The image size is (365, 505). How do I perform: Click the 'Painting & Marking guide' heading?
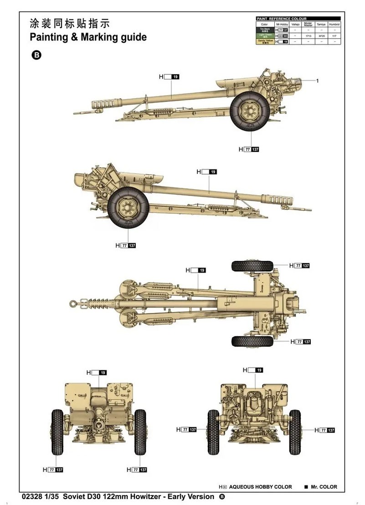pyautogui.click(x=88, y=37)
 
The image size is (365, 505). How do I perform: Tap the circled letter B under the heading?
pyautogui.click(x=36, y=55)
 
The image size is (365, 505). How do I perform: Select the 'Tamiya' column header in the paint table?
pyautogui.click(x=321, y=24)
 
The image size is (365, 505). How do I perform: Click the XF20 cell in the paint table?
pyautogui.click(x=321, y=35)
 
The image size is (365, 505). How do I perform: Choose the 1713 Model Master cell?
pyautogui.click(x=308, y=35)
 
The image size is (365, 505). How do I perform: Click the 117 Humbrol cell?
pyautogui.click(x=334, y=35)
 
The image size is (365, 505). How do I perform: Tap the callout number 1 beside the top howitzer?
pyautogui.click(x=317, y=81)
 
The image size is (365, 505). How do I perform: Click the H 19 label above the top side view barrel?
pyautogui.click(x=171, y=77)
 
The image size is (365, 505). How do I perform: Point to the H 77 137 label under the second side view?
pyautogui.click(x=126, y=245)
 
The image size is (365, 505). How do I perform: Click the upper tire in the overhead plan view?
pyautogui.click(x=252, y=266)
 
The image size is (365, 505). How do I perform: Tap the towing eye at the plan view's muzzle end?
pyautogui.click(x=72, y=302)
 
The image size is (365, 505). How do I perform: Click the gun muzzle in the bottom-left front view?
pyautogui.click(x=98, y=424)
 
